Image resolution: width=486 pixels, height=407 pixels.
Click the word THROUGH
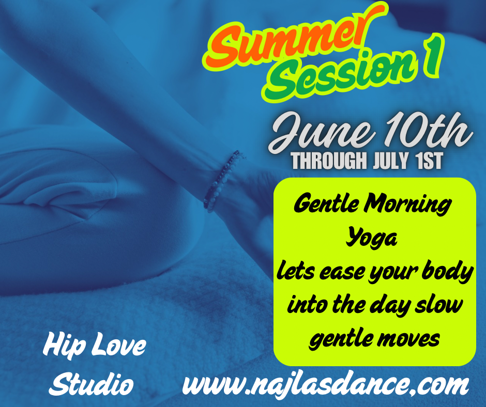pyautogui.click(x=328, y=161)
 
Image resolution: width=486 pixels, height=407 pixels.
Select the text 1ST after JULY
pyautogui.click(x=428, y=161)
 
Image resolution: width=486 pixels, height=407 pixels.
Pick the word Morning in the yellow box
pyautogui.click(x=407, y=205)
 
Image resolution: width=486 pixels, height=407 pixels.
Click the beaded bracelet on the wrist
pyautogui.click(x=221, y=181)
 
